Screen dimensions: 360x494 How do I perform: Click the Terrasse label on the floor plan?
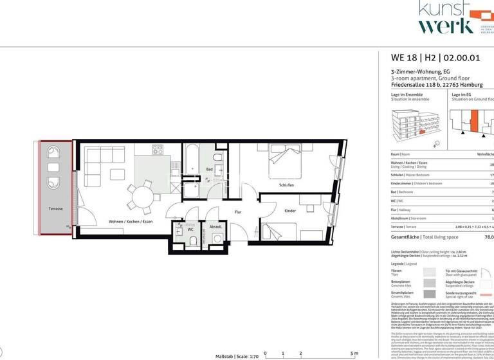pyautogui.click(x=55, y=209)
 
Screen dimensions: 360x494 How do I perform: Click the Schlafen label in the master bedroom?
pyautogui.click(x=286, y=185)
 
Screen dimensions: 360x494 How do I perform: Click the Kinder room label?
pyautogui.click(x=290, y=210)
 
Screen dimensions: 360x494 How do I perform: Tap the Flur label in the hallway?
pyautogui.click(x=237, y=212)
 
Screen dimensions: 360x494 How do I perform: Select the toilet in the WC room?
pyautogui.click(x=194, y=240)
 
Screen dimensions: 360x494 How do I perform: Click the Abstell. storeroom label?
pyautogui.click(x=215, y=226)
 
